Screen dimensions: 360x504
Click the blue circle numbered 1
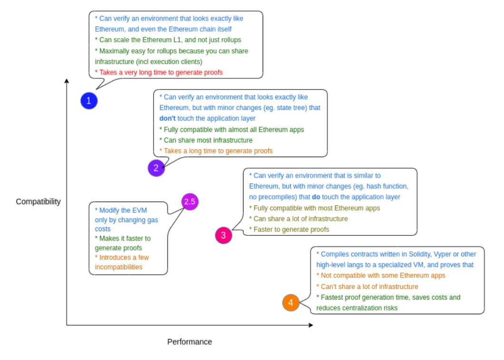pos(89,101)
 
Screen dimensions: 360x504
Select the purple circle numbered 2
pos(156,167)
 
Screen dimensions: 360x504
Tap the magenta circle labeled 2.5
pos(190,202)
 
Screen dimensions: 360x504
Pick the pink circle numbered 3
pos(223,235)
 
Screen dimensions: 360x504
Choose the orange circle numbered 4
pos(291,302)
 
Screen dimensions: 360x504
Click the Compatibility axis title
pos(39,201)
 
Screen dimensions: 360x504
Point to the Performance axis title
pos(189,341)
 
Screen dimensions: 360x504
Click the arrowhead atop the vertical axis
pos(67,81)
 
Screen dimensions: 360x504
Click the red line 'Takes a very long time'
pos(159,72)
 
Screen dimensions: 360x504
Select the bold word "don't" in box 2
pos(167,118)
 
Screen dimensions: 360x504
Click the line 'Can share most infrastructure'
pos(206,140)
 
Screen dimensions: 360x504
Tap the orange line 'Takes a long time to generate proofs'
pos(216,151)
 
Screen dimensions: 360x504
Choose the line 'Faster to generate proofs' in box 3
pos(289,229)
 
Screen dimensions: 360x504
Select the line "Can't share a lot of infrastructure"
pos(367,286)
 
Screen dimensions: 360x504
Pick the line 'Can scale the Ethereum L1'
pos(168,40)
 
